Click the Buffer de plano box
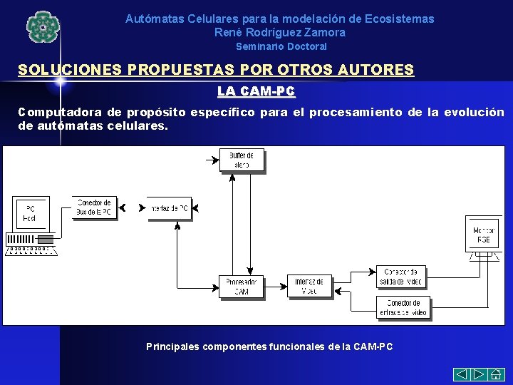point(242,160)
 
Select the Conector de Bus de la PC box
point(93,207)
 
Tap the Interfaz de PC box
point(170,208)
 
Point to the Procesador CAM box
point(241,286)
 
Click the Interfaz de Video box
point(309,286)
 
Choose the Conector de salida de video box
point(402,277)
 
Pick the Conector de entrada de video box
point(403,308)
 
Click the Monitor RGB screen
point(483,235)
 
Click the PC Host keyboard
point(31,250)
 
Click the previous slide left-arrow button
point(462,374)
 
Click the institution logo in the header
point(43,27)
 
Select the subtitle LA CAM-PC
point(256,91)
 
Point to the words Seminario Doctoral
point(281,46)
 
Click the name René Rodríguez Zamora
point(279,32)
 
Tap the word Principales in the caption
point(173,346)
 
